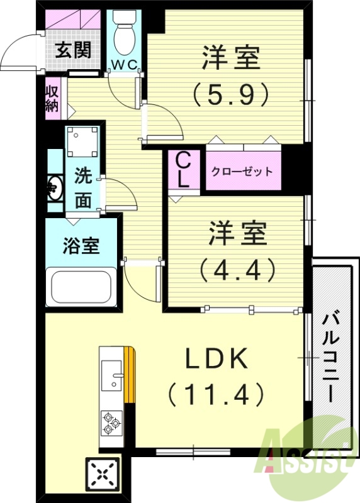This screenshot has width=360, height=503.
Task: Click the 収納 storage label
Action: (52, 99)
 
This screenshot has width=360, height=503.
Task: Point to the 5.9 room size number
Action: (230, 96)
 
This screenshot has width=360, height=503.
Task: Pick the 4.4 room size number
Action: (238, 270)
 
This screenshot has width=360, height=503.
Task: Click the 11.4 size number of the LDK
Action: (215, 394)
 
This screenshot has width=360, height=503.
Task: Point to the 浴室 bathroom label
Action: (81, 246)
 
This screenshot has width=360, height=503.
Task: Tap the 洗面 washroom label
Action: (83, 187)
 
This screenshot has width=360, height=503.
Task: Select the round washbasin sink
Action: (53, 187)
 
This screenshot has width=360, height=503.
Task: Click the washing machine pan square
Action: (82, 143)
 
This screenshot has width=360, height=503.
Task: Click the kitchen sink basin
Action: (113, 378)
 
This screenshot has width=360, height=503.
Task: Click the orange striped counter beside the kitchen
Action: (130, 375)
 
